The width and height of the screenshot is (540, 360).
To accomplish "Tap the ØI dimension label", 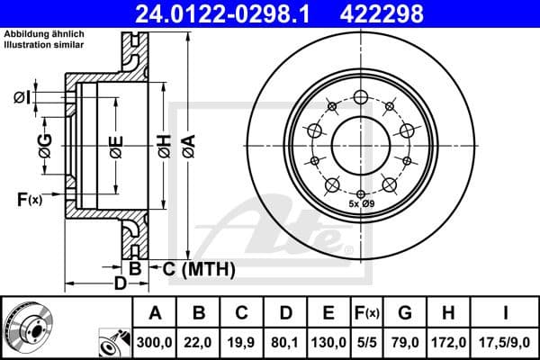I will [24, 96].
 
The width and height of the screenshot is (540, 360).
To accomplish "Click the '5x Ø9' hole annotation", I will [361, 205].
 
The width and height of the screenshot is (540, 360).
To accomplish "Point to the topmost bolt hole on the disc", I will [360, 98].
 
